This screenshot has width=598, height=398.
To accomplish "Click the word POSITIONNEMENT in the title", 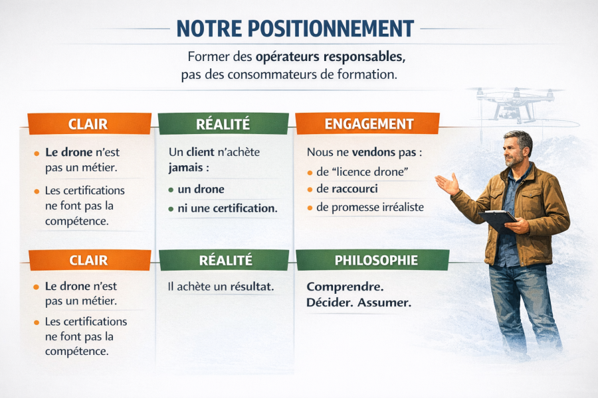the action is pyautogui.click(x=331, y=29).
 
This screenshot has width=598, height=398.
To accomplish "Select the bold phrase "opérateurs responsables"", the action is pyautogui.click(x=330, y=57).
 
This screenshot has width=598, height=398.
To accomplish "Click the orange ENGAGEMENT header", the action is pyautogui.click(x=367, y=124).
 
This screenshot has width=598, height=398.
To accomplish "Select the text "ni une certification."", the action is pyautogui.click(x=228, y=208).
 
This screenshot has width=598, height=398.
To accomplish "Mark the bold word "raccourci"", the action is pyautogui.click(x=355, y=189).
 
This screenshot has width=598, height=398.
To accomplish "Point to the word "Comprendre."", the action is pyautogui.click(x=345, y=287).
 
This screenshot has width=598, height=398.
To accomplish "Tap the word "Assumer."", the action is pyautogui.click(x=385, y=302).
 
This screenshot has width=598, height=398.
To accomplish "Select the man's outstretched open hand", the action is pyautogui.click(x=447, y=184).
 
